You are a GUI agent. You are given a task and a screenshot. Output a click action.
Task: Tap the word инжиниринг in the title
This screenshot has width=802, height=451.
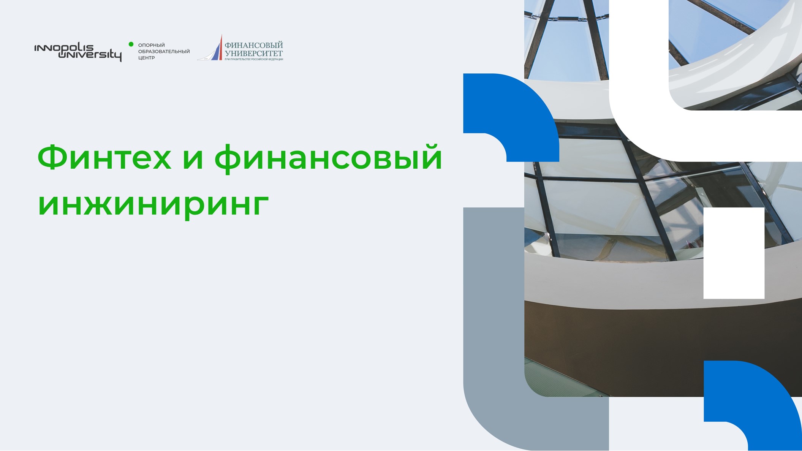click(153, 204)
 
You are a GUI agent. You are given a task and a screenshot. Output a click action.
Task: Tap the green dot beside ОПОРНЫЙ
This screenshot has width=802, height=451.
click(131, 44)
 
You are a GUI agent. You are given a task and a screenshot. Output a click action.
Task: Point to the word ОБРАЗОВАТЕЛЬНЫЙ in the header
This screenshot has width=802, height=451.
click(164, 51)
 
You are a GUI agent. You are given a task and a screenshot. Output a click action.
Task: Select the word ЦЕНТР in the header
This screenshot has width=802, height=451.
click(147, 58)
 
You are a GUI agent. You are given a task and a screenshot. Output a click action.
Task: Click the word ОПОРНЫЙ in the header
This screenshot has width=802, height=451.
click(152, 45)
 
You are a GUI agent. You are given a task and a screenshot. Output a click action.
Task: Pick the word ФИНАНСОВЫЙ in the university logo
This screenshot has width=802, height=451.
click(254, 45)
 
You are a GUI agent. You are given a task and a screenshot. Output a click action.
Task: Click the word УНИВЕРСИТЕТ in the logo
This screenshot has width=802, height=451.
click(254, 54)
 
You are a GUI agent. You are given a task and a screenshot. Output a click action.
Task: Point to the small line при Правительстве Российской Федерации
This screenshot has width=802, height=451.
click(254, 59)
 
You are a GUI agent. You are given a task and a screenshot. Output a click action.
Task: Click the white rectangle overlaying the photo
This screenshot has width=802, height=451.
click(734, 253)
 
